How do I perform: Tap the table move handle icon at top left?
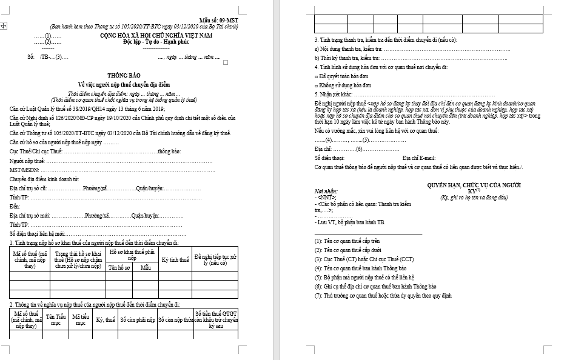(4, 25)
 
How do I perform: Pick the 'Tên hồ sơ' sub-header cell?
(119, 267)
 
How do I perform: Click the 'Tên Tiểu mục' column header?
(56, 319)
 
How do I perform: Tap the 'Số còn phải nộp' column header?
(138, 319)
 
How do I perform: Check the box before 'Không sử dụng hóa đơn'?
(317, 85)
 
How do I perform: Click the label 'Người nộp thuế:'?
(28, 161)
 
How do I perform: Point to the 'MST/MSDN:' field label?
(25, 170)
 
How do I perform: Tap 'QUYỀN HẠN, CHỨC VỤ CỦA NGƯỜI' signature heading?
(474, 185)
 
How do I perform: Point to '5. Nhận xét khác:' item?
(334, 95)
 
